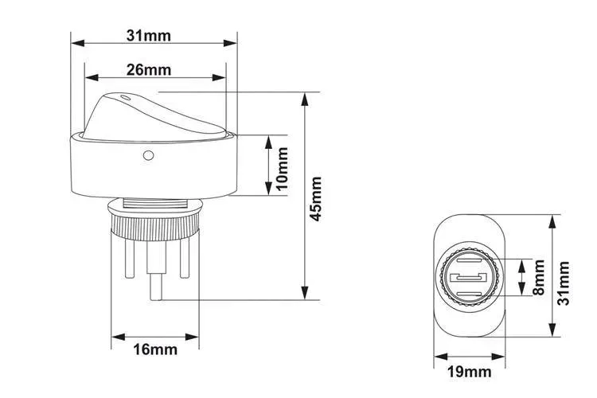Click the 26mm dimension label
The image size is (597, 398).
pyautogui.click(x=149, y=70)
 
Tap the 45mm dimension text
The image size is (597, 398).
pyautogui.click(x=316, y=199)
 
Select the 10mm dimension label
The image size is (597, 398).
pyautogui.click(x=282, y=169)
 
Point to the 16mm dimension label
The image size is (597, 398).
pyautogui.click(x=155, y=349)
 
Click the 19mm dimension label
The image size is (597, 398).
pyautogui.click(x=469, y=372)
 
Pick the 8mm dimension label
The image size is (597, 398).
pyautogui.click(x=538, y=278)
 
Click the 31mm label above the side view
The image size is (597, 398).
pyautogui.click(x=149, y=35)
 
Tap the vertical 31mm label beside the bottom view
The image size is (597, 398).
pyautogui.click(x=563, y=283)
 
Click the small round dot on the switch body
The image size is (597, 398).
pyautogui.click(x=148, y=155)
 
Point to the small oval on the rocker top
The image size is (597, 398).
pyautogui.click(x=124, y=97)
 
